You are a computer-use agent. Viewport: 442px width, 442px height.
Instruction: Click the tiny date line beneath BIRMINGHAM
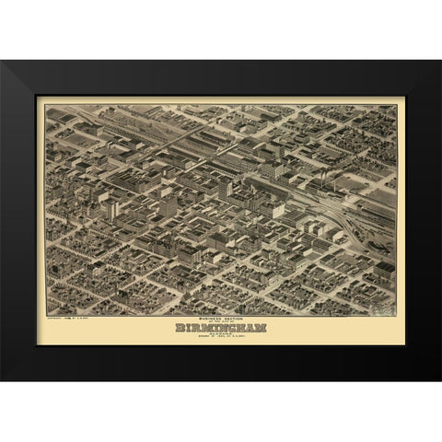[x=220, y=337]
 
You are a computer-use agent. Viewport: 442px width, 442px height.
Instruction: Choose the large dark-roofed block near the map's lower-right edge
[x=382, y=267]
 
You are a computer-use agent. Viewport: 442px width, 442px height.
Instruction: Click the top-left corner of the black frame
[x=3, y=62]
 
